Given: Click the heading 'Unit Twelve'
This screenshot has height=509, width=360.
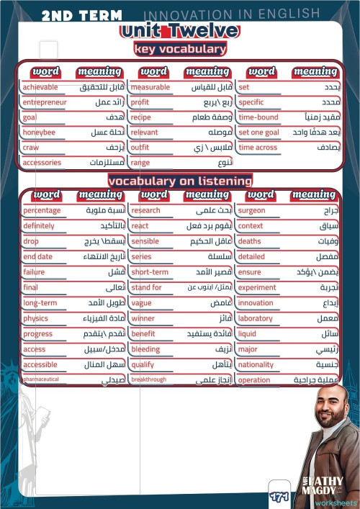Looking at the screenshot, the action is click(x=179, y=30).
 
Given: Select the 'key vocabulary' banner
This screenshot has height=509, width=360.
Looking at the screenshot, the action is click(x=179, y=49).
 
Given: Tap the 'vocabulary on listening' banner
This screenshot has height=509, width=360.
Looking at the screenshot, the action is click(x=180, y=181).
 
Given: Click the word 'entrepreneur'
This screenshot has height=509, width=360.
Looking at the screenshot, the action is click(x=45, y=102).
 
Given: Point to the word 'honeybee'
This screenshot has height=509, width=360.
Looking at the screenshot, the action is click(x=39, y=132).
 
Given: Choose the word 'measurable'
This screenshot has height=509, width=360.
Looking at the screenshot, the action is click(x=150, y=87).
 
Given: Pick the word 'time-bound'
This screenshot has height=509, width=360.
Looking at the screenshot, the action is click(x=258, y=117).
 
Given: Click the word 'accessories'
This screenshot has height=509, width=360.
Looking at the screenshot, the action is click(x=42, y=163).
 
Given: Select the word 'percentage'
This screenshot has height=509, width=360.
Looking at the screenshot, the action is click(x=42, y=211).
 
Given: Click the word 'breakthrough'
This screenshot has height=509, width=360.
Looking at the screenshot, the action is click(x=149, y=379).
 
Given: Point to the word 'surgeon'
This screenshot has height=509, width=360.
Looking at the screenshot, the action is click(x=251, y=211).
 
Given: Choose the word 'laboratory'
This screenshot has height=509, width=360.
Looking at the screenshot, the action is click(x=256, y=318).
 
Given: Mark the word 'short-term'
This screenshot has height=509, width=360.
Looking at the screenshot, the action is click(x=150, y=272).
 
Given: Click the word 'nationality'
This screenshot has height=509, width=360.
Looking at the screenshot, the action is click(x=256, y=365).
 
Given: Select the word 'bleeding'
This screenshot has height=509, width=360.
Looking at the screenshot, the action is click(x=145, y=349).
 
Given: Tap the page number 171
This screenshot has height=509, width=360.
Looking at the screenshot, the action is click(x=279, y=497).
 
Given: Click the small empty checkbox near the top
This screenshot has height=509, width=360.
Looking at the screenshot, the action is click(x=48, y=49).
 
